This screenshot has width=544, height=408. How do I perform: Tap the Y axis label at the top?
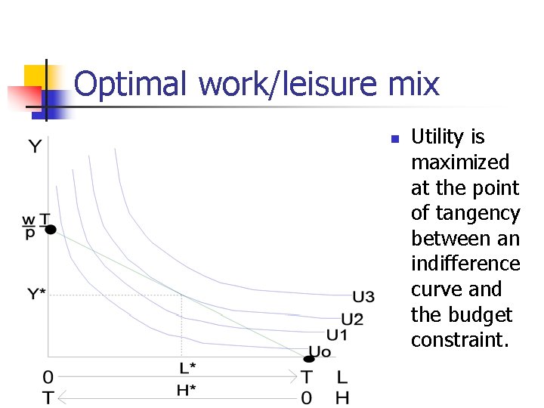point(36,146)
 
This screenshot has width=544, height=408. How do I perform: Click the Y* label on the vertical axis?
point(37,293)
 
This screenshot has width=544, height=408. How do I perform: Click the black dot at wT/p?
point(51,229)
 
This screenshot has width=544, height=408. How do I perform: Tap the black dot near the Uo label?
point(308,358)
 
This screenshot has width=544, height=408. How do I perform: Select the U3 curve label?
point(363,296)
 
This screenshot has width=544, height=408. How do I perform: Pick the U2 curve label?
point(352,319)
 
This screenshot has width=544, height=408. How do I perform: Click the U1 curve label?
point(337,335)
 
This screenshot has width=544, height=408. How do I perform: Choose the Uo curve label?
point(320,351)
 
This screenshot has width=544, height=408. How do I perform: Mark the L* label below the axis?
point(187,368)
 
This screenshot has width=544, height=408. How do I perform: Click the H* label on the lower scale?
point(187,390)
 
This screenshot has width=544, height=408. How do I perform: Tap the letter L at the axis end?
point(342,376)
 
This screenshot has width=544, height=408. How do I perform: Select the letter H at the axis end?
point(342,397)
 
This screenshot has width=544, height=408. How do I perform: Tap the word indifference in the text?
point(465,264)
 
